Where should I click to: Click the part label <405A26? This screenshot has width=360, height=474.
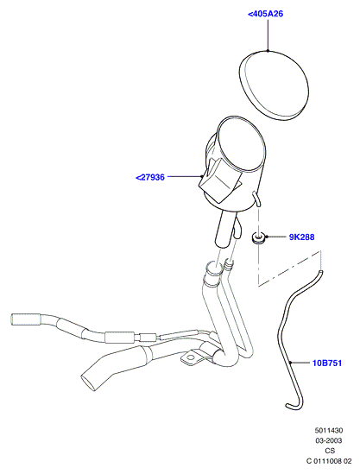(x=265, y=14)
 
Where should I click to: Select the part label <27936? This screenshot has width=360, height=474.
(x=150, y=177)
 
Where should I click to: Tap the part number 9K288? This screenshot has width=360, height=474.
(x=301, y=237)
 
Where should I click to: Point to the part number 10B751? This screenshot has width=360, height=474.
(x=326, y=363)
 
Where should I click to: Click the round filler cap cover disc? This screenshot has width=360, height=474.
(x=275, y=85)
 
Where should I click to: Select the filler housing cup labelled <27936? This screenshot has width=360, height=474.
(x=233, y=165)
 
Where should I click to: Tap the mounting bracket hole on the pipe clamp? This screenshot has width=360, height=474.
(x=191, y=358)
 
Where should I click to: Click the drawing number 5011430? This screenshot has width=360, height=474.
(x=329, y=430)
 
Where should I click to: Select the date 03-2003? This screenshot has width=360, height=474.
(x=329, y=440)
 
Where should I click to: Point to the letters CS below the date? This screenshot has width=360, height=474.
(x=330, y=451)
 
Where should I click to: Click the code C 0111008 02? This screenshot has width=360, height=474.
(x=329, y=461)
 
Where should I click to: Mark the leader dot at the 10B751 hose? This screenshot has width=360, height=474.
(x=290, y=362)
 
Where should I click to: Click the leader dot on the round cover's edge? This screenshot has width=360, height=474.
(x=268, y=50)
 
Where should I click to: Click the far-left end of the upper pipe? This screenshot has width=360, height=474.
(x=13, y=319)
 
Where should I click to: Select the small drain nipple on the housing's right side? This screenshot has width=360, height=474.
(x=256, y=199)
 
